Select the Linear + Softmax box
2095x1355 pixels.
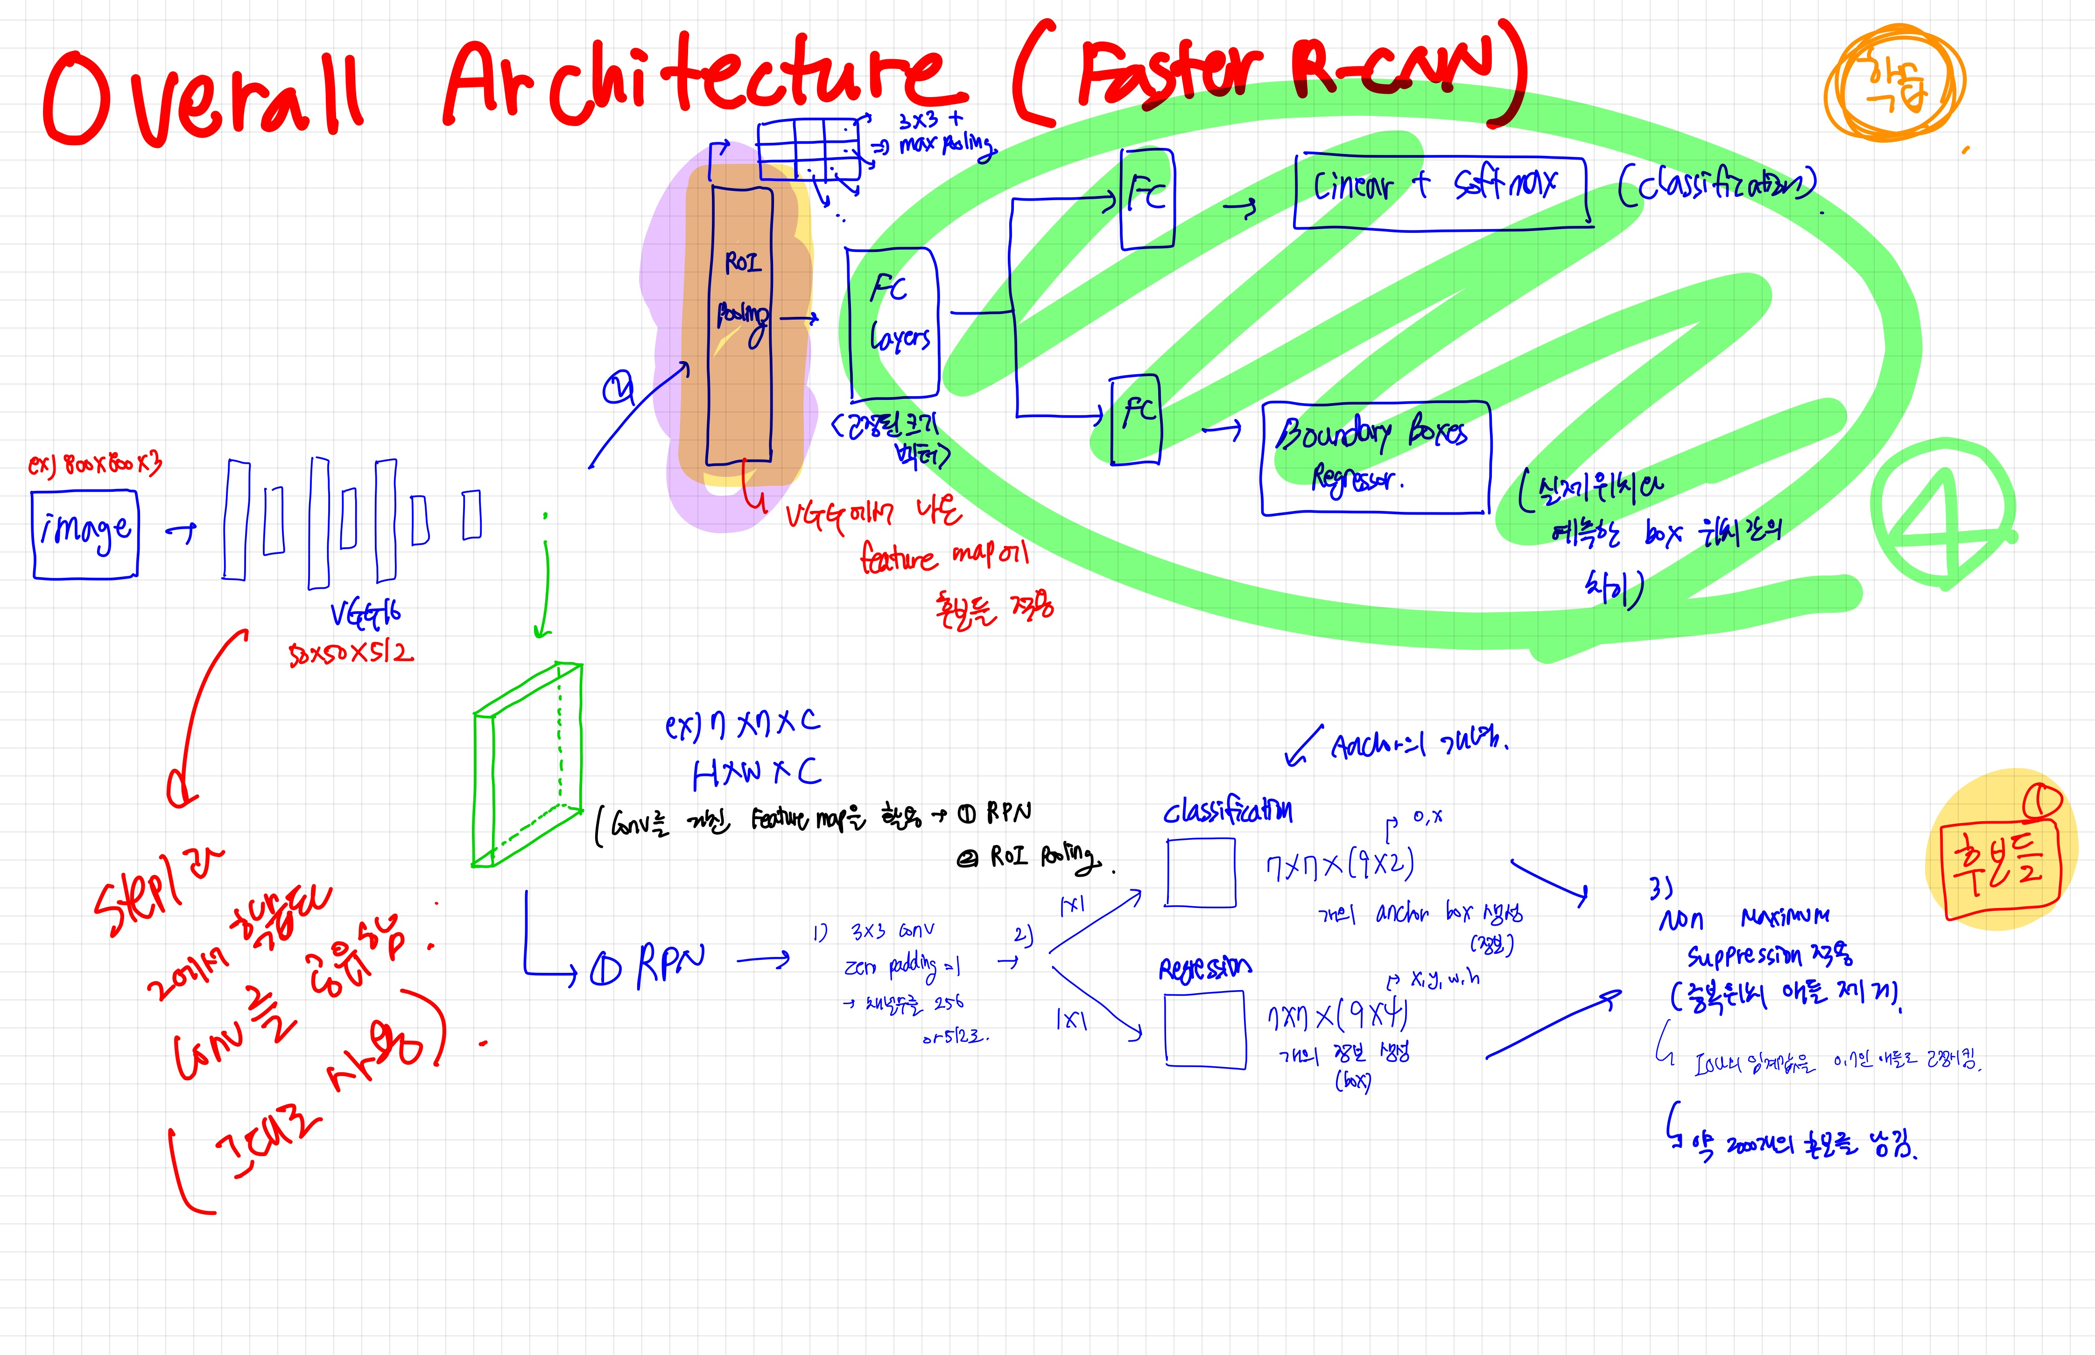(1442, 192)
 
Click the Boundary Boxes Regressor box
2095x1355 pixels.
(1376, 458)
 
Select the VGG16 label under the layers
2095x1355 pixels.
(366, 613)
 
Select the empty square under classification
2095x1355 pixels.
(1201, 872)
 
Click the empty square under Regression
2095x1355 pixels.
(1205, 1029)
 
